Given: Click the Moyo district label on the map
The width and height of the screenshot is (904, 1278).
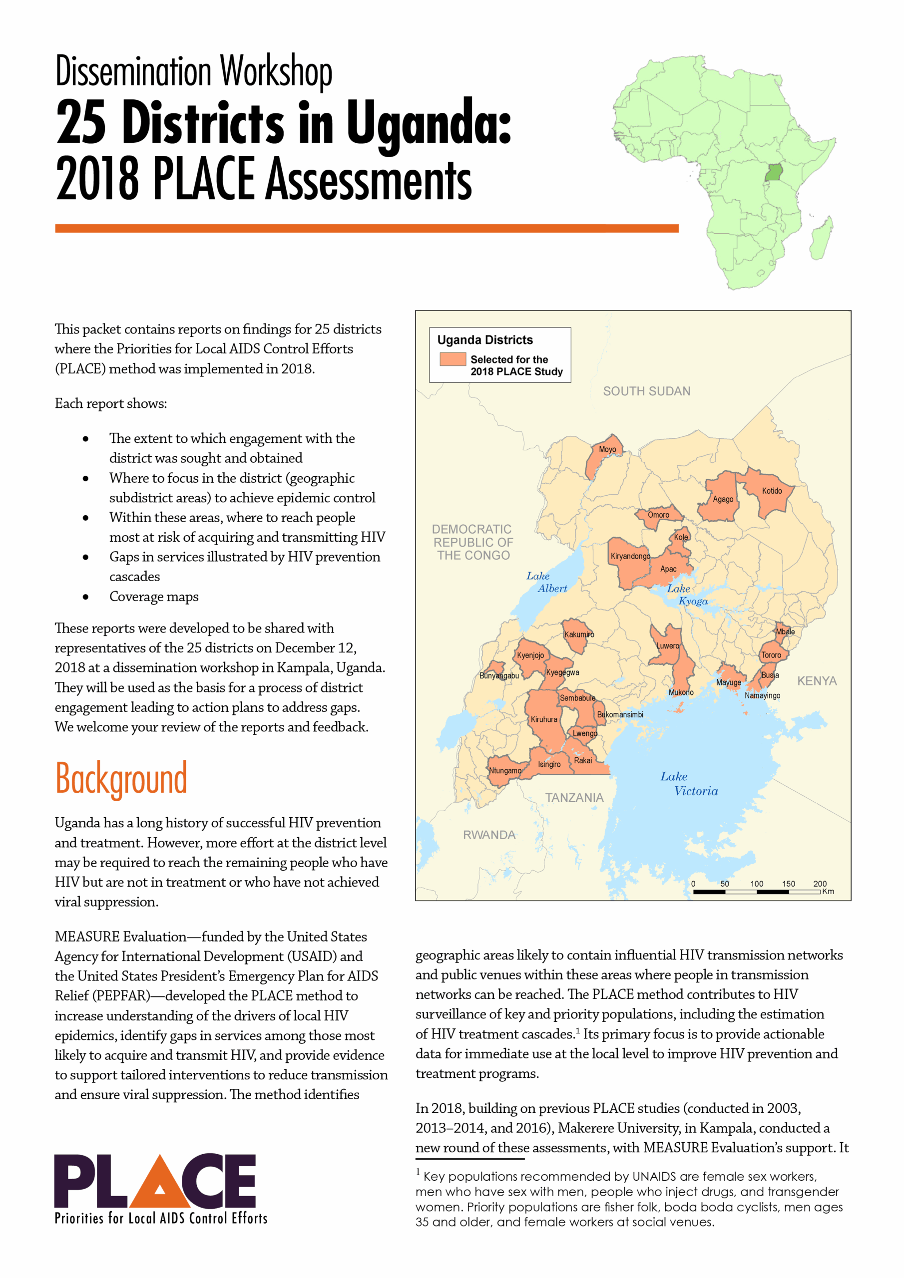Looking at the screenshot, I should click(x=607, y=449).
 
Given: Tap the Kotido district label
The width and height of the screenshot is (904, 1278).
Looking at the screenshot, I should click(x=772, y=491).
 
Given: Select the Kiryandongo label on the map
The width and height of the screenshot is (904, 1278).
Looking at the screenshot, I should click(x=630, y=556).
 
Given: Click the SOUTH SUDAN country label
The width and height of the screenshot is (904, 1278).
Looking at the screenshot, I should click(x=646, y=391).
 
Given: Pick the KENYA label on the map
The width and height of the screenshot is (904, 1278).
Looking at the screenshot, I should click(x=817, y=681).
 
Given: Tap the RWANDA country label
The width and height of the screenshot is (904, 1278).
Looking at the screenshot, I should click(x=488, y=835).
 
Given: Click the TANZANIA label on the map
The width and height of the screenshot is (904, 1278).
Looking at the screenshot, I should click(x=574, y=798).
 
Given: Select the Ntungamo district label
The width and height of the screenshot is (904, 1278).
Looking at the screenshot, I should click(x=504, y=771).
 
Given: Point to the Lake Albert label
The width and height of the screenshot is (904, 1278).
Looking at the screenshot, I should click(x=546, y=582).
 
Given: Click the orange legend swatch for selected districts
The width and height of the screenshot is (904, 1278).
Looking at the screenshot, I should click(x=452, y=359).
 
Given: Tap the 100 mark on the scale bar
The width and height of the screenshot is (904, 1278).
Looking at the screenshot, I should click(x=756, y=883).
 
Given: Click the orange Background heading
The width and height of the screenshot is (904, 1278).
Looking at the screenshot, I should click(x=121, y=779).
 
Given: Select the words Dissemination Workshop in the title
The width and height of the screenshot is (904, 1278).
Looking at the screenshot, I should click(x=193, y=71).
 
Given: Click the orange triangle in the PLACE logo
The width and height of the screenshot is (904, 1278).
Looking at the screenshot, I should click(x=160, y=1185).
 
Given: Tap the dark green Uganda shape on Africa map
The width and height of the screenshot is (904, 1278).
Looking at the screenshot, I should click(x=774, y=173).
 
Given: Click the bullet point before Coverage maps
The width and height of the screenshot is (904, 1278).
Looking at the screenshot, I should click(x=85, y=597).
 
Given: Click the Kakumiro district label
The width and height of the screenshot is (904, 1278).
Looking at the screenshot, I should click(x=579, y=635).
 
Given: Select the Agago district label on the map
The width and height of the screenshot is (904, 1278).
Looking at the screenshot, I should click(x=722, y=499).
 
